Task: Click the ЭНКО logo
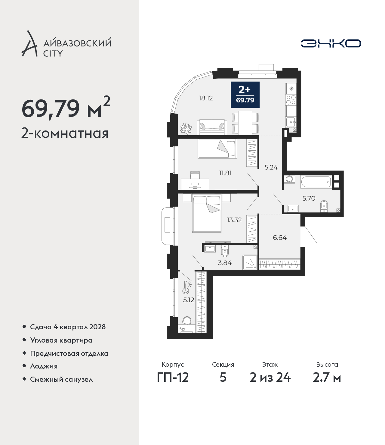[x=331, y=43]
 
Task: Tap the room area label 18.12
[x=206, y=98]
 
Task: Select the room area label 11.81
[x=225, y=173]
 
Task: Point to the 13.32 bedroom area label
[x=234, y=220]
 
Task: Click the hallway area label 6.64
[x=280, y=238]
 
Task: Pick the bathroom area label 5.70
[x=309, y=198]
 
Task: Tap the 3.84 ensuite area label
[x=225, y=263]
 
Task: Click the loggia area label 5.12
[x=189, y=300]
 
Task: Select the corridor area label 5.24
[x=271, y=167]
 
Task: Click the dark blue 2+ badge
[x=245, y=95]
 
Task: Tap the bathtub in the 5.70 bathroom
[x=316, y=182]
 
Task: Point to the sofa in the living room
[x=212, y=127]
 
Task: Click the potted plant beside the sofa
[x=186, y=129]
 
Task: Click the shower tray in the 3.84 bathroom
[x=250, y=262]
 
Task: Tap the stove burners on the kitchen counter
[x=291, y=100]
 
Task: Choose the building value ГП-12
[x=173, y=378]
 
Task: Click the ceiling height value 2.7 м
[x=327, y=378]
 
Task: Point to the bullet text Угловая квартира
[x=61, y=340]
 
